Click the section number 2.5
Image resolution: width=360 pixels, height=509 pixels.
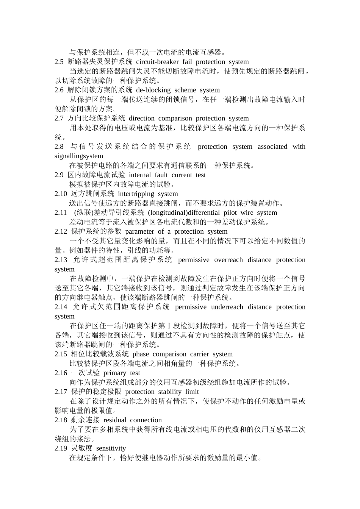click(59, 62)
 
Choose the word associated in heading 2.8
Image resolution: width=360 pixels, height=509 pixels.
click(272, 147)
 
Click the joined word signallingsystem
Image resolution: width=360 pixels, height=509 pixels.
click(79, 156)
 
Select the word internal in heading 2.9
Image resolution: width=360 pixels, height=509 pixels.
click(140, 175)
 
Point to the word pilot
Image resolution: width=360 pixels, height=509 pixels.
click(230, 213)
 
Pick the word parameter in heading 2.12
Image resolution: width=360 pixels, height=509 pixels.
click(139, 231)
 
